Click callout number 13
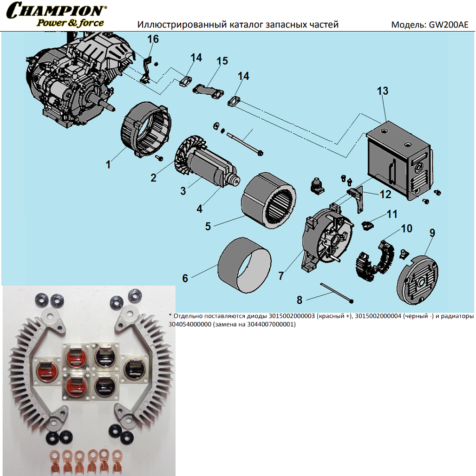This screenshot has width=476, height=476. [x=382, y=91]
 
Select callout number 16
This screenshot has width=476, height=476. [x=153, y=39]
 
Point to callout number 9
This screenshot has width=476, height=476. [x=432, y=233]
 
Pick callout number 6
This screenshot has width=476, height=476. [x=185, y=278]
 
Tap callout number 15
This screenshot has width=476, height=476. [x=222, y=61]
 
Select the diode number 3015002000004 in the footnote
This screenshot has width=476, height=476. [x=378, y=316]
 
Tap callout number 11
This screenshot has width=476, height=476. [x=392, y=215]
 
